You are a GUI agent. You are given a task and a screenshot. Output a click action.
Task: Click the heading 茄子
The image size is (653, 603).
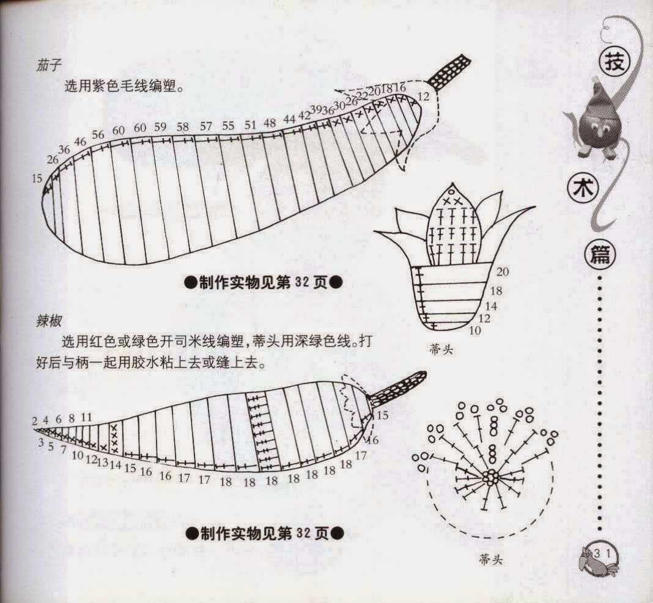pyautogui.click(x=49, y=65)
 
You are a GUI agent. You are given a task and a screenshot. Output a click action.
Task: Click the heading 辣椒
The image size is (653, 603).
pyautogui.click(x=49, y=321)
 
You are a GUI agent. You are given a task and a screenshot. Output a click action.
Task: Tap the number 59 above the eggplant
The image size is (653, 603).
pyautogui.click(x=160, y=127)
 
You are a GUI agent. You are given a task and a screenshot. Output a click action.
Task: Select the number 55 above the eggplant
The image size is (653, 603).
pyautogui.click(x=228, y=126)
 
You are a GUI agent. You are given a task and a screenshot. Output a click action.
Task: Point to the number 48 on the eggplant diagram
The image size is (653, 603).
pyautogui.click(x=270, y=123)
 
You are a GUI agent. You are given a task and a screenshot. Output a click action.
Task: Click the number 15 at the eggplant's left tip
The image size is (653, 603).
pyautogui.click(x=37, y=178)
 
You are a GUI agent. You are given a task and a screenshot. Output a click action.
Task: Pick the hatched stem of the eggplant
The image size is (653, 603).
pyautogui.click(x=449, y=71)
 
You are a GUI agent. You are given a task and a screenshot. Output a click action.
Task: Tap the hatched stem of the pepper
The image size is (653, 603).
pyautogui.click(x=397, y=389)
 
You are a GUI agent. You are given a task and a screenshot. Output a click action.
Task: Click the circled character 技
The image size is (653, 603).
pyautogui.click(x=614, y=64)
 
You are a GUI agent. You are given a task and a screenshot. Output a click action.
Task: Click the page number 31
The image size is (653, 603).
pyautogui.click(x=603, y=554)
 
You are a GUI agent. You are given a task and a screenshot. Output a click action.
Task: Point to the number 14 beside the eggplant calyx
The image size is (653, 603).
pyautogui.click(x=491, y=306)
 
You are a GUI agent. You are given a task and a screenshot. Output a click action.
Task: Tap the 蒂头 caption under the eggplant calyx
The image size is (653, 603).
pyautogui.click(x=441, y=349)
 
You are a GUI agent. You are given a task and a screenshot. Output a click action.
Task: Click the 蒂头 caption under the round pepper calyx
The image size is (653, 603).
pyautogui.click(x=490, y=560)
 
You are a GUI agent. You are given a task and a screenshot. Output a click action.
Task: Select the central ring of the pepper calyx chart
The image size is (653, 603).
pyautogui.click(x=492, y=477)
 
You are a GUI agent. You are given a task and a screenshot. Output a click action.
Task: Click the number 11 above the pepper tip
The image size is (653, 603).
pyautogui.click(x=86, y=417)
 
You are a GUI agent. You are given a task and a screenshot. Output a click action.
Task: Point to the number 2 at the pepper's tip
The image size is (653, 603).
pyautogui.click(x=35, y=422)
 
